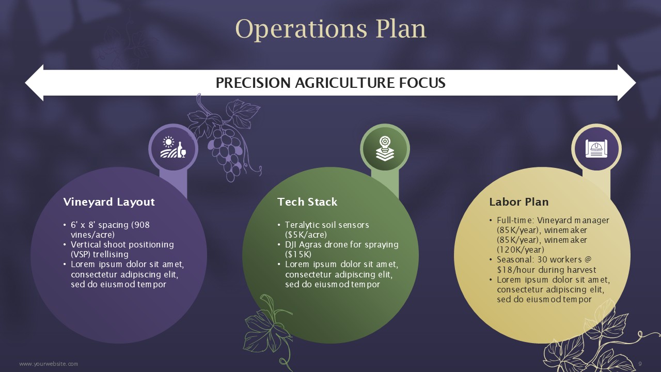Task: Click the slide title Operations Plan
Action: click(x=330, y=29)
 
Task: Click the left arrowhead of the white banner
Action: click(x=34, y=83)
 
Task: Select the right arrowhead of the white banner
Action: click(x=627, y=83)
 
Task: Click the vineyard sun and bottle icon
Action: click(x=173, y=147)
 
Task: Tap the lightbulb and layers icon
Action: click(x=385, y=148)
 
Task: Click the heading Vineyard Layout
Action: click(x=109, y=202)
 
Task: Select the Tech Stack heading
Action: click(x=307, y=202)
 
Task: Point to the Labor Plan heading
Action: click(x=519, y=202)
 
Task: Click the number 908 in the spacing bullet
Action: click(x=140, y=225)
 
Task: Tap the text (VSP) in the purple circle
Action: click(x=80, y=255)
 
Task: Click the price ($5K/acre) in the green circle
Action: click(x=306, y=235)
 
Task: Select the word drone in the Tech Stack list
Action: click(x=336, y=245)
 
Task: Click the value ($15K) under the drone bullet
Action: click(x=298, y=255)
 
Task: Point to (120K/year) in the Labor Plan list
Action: click(x=521, y=250)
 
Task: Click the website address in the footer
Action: click(x=49, y=364)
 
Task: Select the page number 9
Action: click(x=640, y=364)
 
